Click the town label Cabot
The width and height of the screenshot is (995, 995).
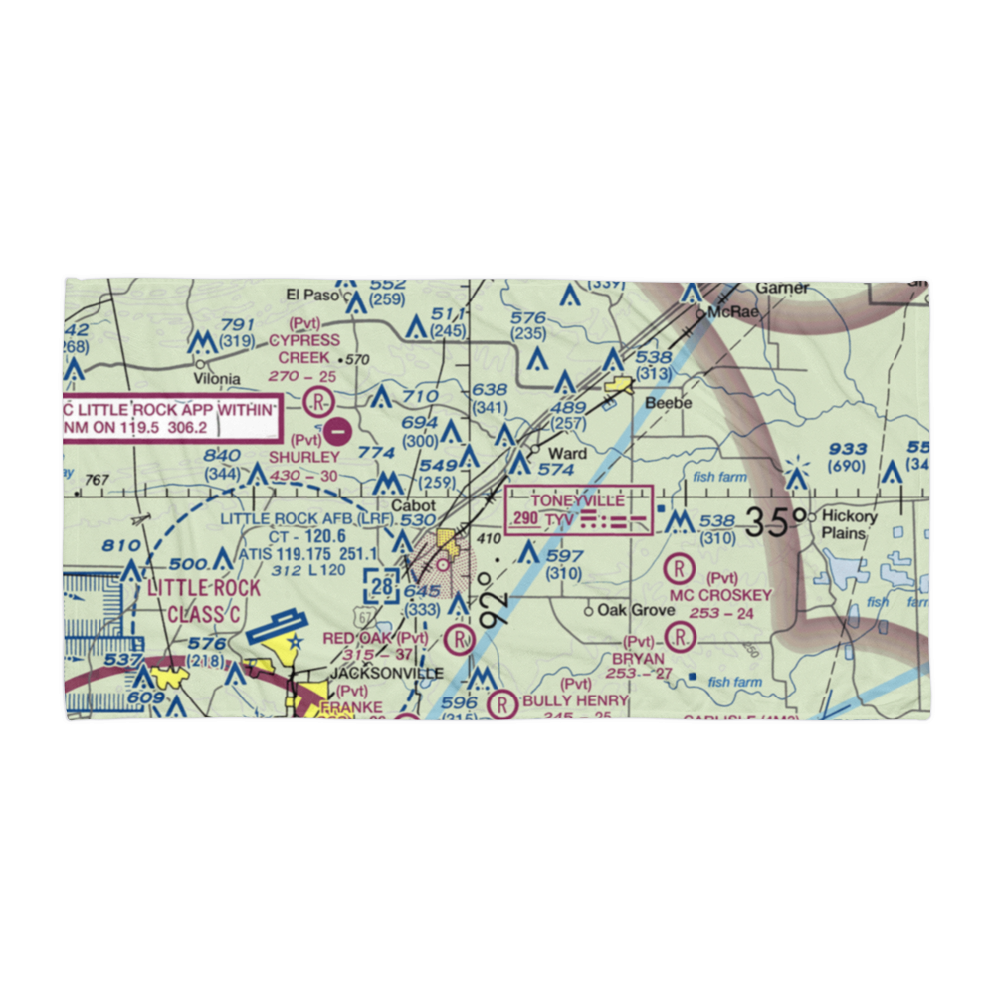(x=412, y=505)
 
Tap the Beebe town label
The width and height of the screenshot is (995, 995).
(x=668, y=403)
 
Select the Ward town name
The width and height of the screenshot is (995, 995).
(x=569, y=454)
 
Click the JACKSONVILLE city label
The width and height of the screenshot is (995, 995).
(x=380, y=673)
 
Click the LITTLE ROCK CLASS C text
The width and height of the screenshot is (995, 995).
(x=204, y=601)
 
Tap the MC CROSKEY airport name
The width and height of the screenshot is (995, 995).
(x=720, y=595)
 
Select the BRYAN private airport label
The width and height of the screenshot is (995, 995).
(x=638, y=658)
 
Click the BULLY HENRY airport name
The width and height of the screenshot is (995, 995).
(x=575, y=700)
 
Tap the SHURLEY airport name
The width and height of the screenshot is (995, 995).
(x=304, y=457)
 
